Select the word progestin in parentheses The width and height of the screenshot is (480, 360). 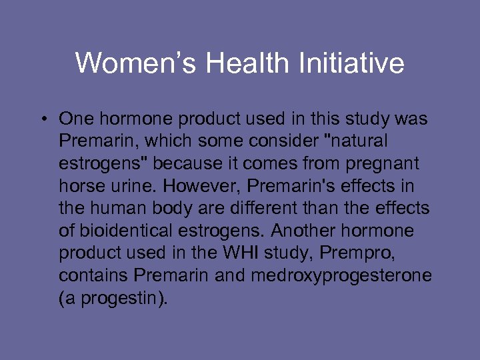click(x=121, y=298)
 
